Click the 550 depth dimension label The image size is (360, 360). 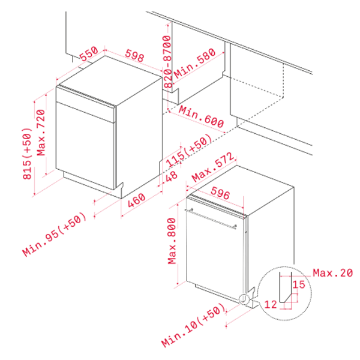(x=89, y=54)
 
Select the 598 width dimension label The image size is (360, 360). (x=135, y=56)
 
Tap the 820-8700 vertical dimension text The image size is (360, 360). (x=167, y=62)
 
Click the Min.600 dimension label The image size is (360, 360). (x=202, y=116)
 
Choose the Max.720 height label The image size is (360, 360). (x=41, y=133)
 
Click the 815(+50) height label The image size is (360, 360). (x=27, y=154)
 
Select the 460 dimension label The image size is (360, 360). (x=137, y=200)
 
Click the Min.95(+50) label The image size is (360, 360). (x=55, y=235)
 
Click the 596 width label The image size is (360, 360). (x=220, y=193)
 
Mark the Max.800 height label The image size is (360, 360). (x=172, y=241)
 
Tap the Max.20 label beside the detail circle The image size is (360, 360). (x=333, y=273)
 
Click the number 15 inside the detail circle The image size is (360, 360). (x=299, y=284)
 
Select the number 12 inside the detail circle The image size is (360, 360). (x=271, y=304)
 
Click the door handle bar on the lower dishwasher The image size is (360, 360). (x=211, y=218)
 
